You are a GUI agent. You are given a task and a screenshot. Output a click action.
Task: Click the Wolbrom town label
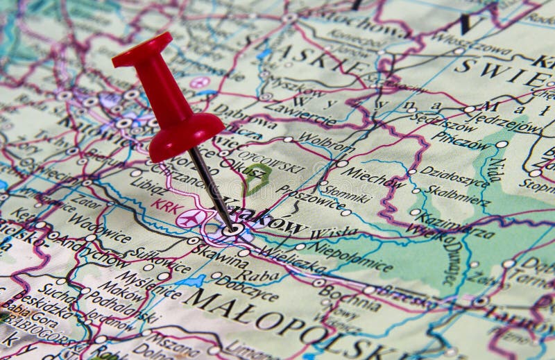[326, 147]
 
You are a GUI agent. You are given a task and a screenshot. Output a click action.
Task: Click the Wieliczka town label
[291, 258]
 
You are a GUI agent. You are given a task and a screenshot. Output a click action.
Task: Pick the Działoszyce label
[454, 178]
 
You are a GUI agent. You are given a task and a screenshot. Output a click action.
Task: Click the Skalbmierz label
[458, 196]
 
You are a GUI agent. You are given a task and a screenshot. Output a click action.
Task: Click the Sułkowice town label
[163, 263]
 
